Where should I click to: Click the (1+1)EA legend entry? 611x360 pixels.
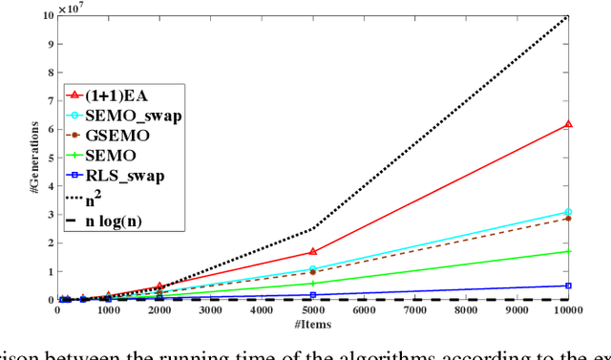click(x=115, y=95)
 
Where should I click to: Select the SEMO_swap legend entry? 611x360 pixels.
click(x=124, y=116)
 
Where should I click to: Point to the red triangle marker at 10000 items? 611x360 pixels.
click(x=568, y=124)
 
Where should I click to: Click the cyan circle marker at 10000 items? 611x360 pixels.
click(x=568, y=212)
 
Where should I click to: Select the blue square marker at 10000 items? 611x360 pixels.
click(x=568, y=286)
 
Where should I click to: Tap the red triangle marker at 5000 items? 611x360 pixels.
click(x=312, y=252)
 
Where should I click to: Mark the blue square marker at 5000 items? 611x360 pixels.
click(x=312, y=295)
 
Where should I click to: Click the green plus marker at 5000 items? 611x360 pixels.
click(x=312, y=284)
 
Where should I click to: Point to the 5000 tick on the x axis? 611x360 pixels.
click(x=312, y=311)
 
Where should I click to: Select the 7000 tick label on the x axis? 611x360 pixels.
click(x=414, y=311)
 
